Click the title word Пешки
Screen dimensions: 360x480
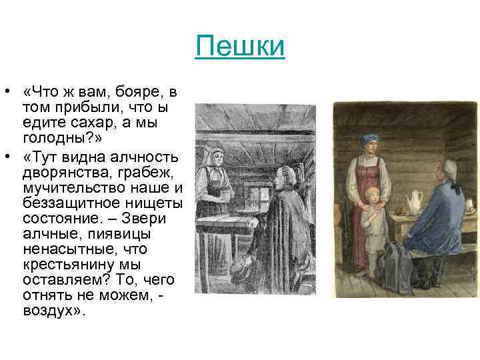pyautogui.click(x=241, y=47)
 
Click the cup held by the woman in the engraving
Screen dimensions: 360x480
pyautogui.click(x=226, y=195)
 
